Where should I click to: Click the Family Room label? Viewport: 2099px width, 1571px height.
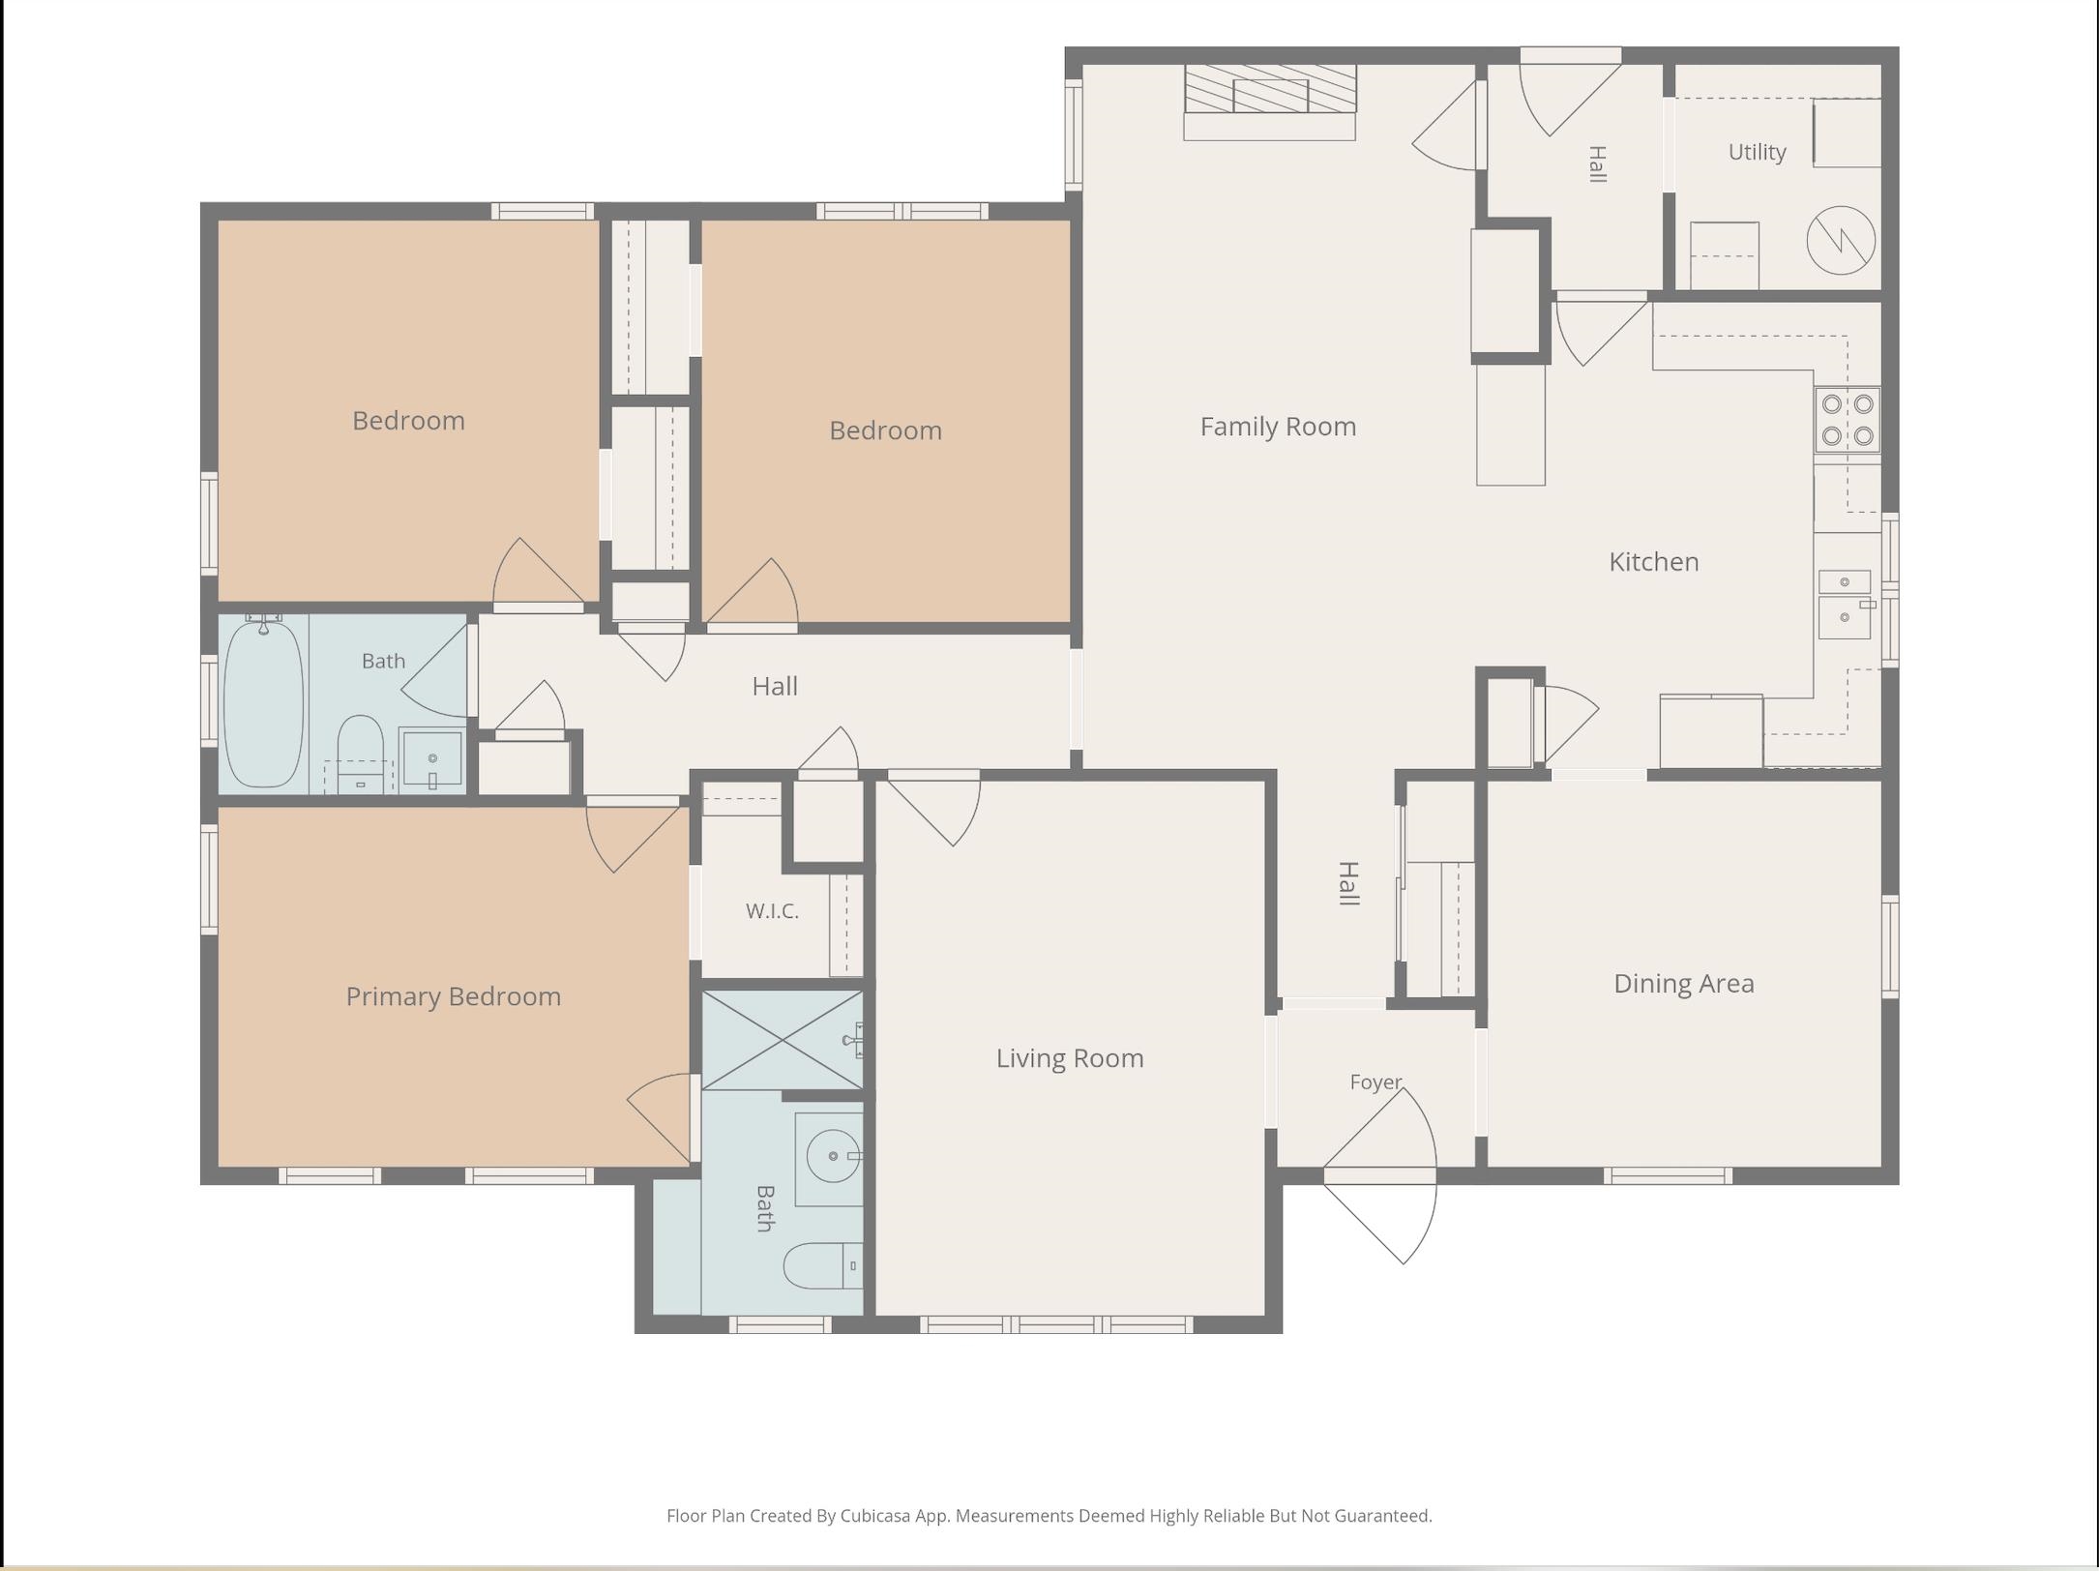(1278, 427)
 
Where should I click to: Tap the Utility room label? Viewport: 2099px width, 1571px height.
(1757, 152)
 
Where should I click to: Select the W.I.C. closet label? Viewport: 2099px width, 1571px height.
(772, 910)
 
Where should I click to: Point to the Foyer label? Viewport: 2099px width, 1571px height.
(1375, 1082)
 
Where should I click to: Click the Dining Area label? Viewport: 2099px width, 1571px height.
(1683, 984)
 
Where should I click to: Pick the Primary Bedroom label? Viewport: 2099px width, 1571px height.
(453, 996)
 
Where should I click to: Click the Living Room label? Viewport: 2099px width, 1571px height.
(1070, 1058)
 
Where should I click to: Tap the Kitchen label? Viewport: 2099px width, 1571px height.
(1653, 562)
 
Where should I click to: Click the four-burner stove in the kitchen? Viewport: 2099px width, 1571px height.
(1847, 420)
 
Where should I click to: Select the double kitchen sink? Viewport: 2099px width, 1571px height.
(1845, 605)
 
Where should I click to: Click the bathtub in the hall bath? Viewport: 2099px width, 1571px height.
(263, 701)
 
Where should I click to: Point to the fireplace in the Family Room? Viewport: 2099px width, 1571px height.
(1270, 102)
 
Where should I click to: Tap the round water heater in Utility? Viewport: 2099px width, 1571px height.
(1841, 240)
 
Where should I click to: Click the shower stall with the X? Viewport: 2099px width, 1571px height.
(782, 1040)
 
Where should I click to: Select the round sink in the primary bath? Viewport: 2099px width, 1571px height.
(832, 1155)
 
